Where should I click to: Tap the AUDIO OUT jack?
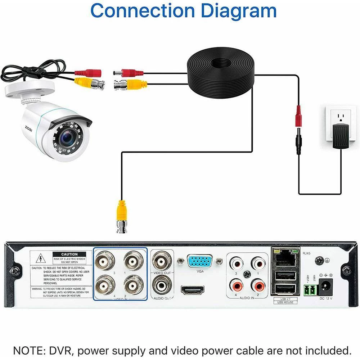tap(161, 286)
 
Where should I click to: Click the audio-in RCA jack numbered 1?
tap(258, 264)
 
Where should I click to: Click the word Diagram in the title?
tap(238, 11)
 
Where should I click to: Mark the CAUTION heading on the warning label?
tap(69, 254)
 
